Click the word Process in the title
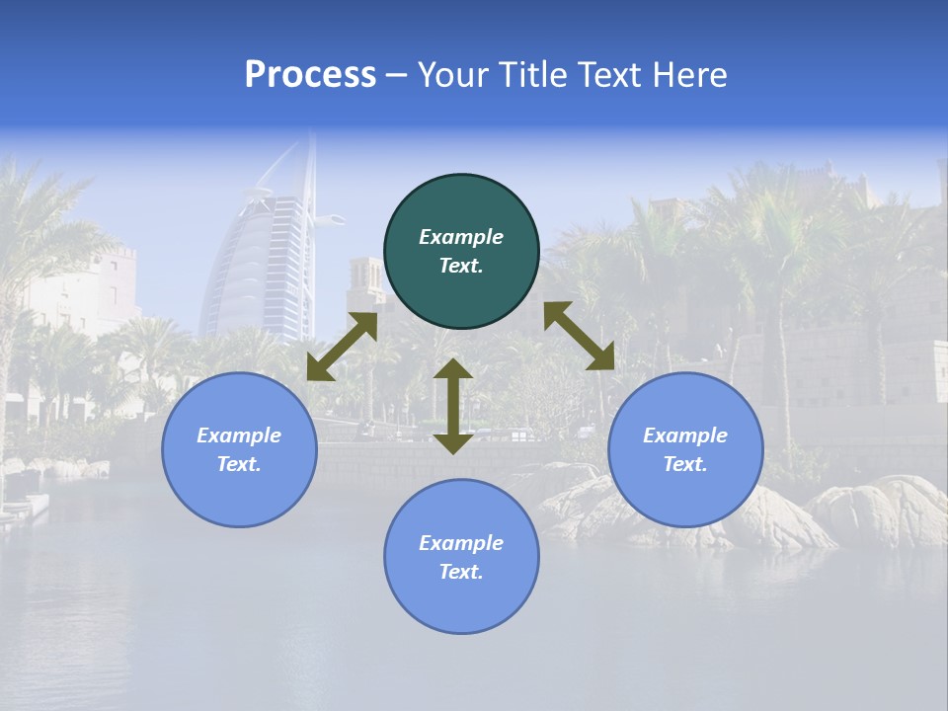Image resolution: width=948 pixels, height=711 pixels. [x=310, y=75]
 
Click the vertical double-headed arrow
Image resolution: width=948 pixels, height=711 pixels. [x=453, y=406]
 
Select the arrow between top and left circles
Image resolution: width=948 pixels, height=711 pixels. [x=342, y=347]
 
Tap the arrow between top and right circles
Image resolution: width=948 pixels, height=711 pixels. [x=579, y=336]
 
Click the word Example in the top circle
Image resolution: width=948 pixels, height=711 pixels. [x=461, y=237]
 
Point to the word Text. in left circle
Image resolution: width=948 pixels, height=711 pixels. [x=239, y=464]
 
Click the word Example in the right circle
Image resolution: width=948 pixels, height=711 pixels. [x=685, y=435]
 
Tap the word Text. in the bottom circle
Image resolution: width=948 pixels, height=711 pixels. [x=461, y=572]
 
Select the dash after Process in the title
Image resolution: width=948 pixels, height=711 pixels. [x=396, y=75]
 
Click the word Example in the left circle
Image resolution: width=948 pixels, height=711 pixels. [x=239, y=435]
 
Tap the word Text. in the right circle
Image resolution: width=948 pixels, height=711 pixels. [x=685, y=464]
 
